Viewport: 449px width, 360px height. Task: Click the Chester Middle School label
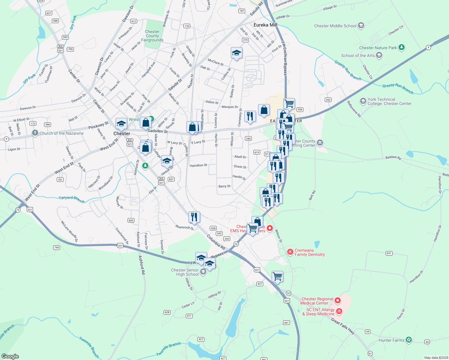335,26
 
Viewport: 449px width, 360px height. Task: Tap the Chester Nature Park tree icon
402,47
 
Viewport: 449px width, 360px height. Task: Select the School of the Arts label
358,55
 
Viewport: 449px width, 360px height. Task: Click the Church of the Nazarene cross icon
35,133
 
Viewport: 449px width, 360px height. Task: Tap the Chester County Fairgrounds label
152,36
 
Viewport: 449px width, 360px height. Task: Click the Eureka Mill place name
265,25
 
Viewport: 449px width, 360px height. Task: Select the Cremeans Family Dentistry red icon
290,252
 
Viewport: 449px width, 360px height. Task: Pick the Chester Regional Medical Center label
317,301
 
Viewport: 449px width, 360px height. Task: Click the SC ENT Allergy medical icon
339,311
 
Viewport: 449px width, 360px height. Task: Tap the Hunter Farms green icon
408,340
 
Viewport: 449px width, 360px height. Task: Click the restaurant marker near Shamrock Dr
194,217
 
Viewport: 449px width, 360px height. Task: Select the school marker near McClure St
237,53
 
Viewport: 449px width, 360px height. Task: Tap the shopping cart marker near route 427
278,277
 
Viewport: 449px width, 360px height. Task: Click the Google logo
10,356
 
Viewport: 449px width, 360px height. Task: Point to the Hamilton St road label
198,165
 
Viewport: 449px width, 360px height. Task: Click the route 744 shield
56,247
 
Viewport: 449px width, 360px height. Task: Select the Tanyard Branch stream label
71,199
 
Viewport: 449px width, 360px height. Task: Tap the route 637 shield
49,13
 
